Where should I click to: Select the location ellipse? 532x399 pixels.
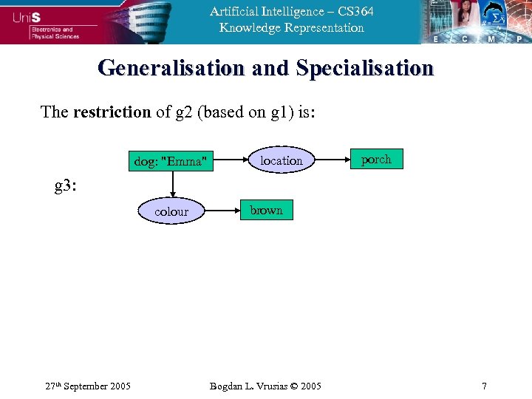[x=281, y=160]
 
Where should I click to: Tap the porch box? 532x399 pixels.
[x=376, y=160]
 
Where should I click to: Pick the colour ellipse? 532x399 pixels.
[x=171, y=211]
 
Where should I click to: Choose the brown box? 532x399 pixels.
[x=266, y=211]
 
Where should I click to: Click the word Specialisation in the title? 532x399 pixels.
[x=364, y=68]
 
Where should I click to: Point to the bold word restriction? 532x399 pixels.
[x=112, y=112]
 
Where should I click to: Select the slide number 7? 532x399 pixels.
[x=484, y=386]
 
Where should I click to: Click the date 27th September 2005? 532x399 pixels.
[x=87, y=386]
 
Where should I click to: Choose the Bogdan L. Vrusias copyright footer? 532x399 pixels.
[x=265, y=386]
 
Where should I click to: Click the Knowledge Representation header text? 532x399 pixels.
[x=291, y=28]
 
